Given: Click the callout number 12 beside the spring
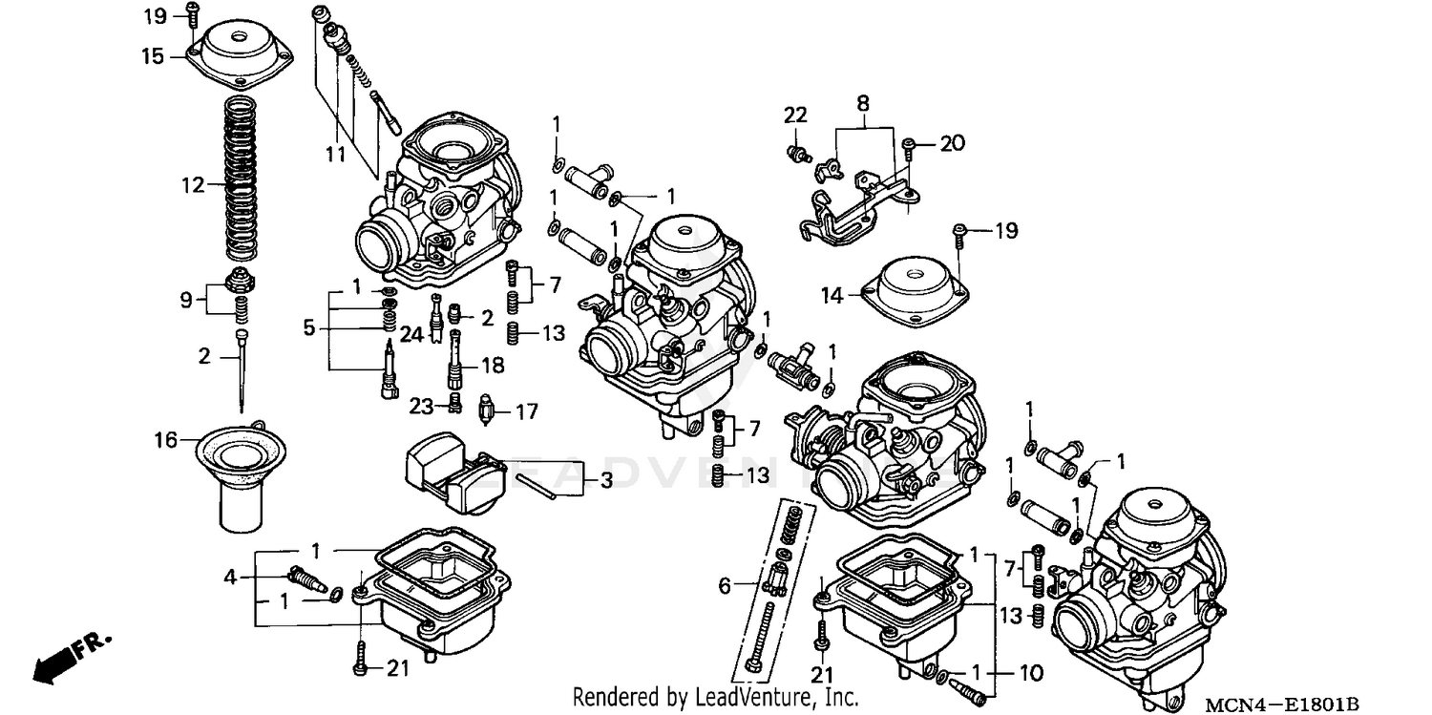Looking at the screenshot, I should click(193, 184).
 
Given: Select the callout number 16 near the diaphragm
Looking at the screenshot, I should click(166, 439).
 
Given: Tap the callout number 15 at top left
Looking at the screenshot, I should click(154, 56).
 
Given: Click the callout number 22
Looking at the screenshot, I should click(795, 115).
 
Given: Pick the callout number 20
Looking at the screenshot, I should click(952, 143).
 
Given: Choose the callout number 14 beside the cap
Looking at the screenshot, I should click(833, 296).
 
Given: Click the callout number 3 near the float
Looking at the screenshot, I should click(605, 481).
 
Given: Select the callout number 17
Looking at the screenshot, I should click(527, 412).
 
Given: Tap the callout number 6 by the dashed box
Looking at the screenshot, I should click(725, 585).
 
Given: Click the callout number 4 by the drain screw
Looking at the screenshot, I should click(229, 576).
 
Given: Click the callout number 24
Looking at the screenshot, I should click(411, 334).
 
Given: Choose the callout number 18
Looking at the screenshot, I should click(493, 365).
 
